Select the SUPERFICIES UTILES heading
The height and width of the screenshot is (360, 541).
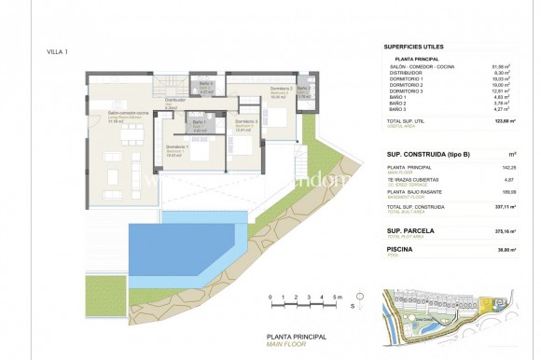click(x=414, y=46)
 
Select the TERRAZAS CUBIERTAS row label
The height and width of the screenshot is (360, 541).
click(x=412, y=178)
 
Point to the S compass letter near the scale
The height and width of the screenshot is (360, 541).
click(x=353, y=305)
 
